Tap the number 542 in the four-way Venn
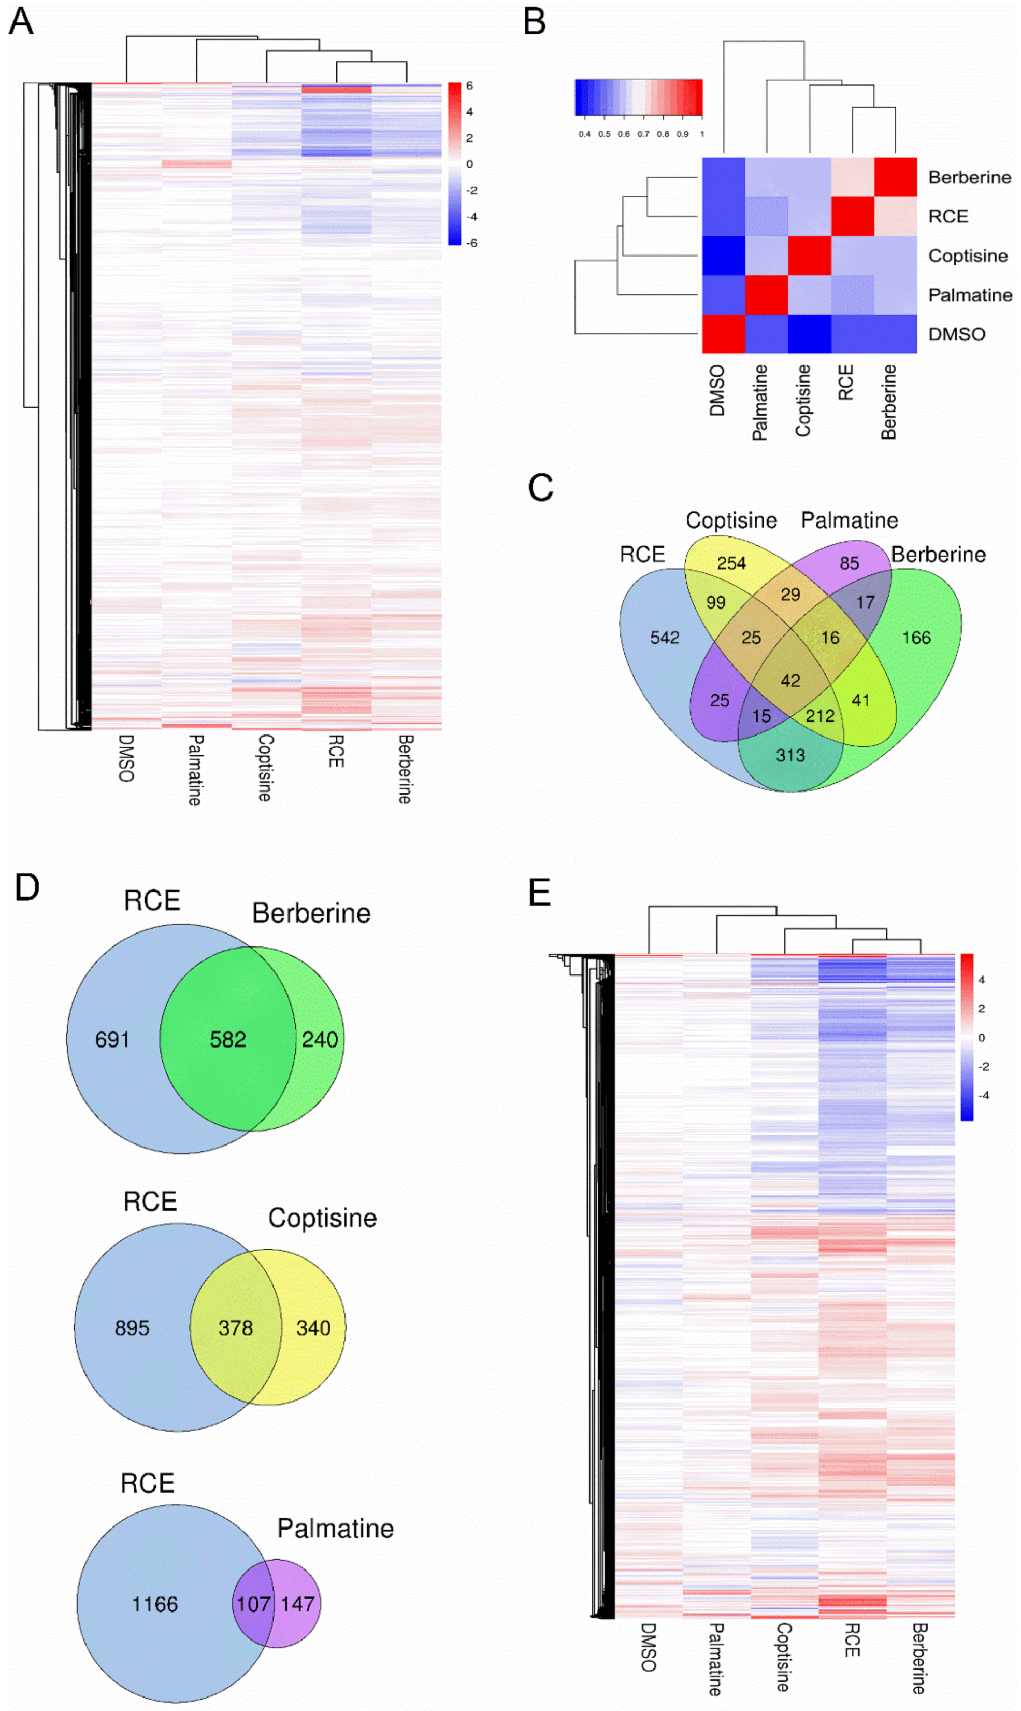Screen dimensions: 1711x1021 click(665, 638)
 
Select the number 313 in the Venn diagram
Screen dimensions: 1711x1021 click(790, 755)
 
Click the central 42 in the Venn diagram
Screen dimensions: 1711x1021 click(790, 681)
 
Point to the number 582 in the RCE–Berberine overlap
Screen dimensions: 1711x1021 click(228, 1039)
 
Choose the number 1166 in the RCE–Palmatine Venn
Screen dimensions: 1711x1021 click(155, 1604)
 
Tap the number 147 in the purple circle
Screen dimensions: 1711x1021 click(297, 1604)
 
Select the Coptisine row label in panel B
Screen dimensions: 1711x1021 click(967, 256)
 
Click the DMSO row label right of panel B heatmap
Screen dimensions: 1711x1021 click(956, 334)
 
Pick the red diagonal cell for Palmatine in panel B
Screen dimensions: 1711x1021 click(767, 295)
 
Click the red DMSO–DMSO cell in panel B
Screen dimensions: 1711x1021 click(723, 334)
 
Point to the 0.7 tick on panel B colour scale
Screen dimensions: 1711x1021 click(643, 134)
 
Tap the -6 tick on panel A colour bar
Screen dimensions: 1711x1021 click(471, 243)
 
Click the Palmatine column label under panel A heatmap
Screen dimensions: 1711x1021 click(195, 770)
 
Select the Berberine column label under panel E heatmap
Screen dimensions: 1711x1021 click(919, 1658)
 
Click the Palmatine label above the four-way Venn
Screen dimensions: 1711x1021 click(849, 520)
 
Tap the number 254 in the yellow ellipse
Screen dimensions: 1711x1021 click(731, 563)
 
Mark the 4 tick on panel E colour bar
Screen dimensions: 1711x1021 click(981, 980)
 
